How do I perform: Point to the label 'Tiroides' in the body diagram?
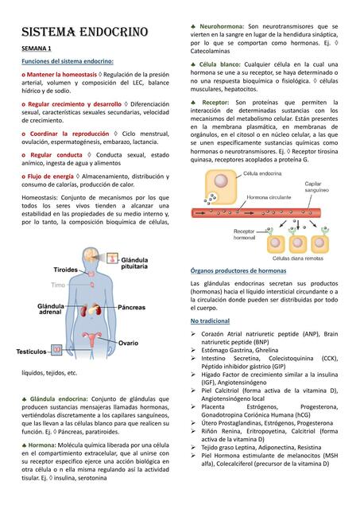tap(65, 270)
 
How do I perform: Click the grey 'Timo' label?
tap(59, 285)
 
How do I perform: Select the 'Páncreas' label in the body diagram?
tap(132, 307)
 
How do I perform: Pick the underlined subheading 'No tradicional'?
tap(210, 320)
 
